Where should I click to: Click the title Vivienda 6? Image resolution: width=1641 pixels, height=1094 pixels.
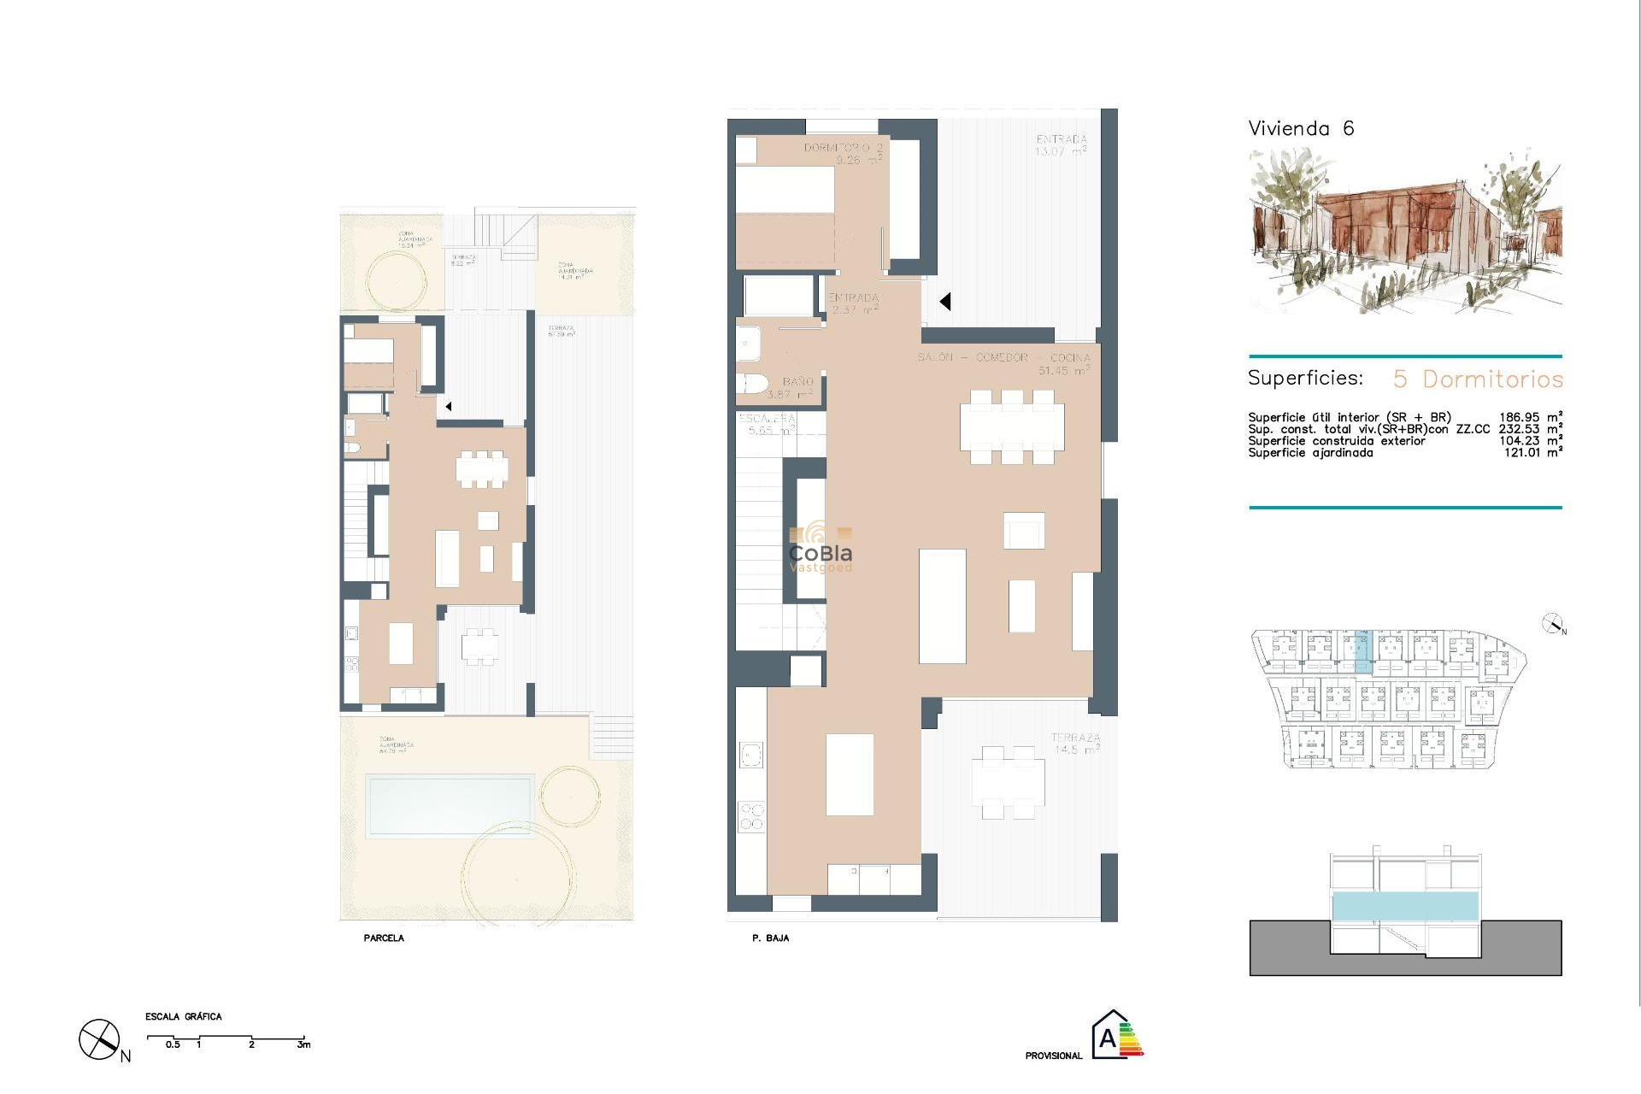[1301, 129]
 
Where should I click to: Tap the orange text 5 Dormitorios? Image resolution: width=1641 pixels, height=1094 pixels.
[1478, 379]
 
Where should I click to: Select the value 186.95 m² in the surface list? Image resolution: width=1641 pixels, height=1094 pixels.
[1530, 418]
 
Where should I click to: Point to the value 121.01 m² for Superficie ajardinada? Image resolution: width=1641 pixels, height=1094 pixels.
[1532, 453]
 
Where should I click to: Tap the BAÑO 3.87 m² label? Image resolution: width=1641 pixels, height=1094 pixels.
[791, 388]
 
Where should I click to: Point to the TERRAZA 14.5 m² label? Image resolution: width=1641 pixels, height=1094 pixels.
[1075, 743]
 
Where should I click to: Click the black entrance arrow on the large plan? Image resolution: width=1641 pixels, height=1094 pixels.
[945, 301]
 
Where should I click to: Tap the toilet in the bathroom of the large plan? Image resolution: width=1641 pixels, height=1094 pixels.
[752, 383]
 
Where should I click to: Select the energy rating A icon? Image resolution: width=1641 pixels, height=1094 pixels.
[1116, 1035]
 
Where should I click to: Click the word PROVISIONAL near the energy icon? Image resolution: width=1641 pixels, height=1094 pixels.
[1053, 1056]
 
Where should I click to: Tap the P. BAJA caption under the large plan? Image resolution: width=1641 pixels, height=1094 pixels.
[770, 938]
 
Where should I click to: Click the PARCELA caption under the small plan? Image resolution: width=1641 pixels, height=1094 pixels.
[384, 938]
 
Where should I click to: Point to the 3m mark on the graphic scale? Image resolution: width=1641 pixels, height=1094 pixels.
[304, 1044]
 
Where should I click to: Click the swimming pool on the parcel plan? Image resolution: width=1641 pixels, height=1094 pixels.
[450, 805]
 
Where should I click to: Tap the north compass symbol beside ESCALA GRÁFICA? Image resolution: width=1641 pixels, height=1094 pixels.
[100, 1039]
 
